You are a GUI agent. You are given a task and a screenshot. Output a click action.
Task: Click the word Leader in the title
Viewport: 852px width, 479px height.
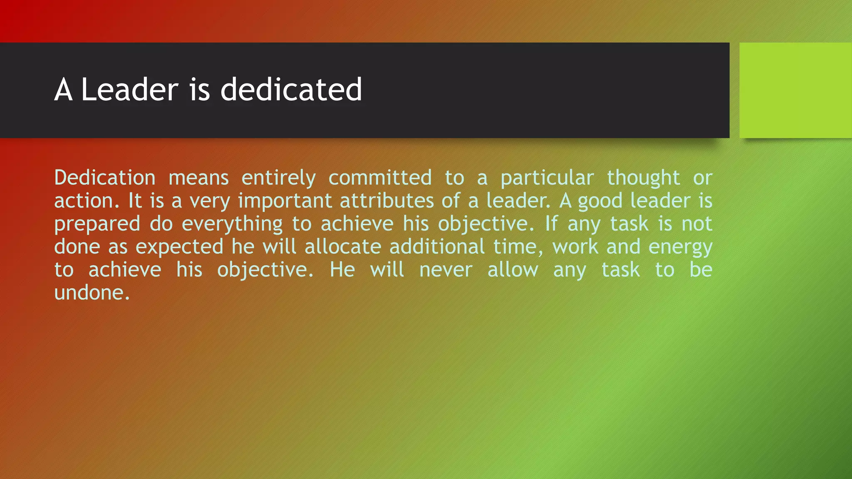pos(130,89)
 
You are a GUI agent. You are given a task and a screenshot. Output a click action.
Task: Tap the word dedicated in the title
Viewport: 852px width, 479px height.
pos(291,89)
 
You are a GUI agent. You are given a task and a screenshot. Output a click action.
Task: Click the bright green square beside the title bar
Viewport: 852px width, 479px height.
pos(795,90)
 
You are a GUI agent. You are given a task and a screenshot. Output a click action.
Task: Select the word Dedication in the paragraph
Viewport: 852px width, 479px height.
pos(105,178)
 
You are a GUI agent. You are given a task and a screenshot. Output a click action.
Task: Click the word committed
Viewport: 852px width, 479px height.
pos(380,178)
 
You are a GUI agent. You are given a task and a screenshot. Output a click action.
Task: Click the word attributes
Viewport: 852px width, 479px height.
pos(386,201)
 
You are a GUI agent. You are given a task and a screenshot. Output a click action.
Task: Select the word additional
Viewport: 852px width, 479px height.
pos(437,247)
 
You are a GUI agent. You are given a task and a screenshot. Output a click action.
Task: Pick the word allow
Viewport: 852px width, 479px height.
pos(513,269)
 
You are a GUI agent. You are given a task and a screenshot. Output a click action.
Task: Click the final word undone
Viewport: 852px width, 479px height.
pos(92,293)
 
